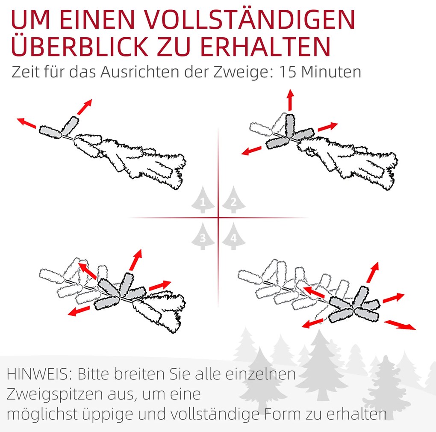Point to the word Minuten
pyautogui.click(x=331, y=72)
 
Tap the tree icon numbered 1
pyautogui.click(x=203, y=200)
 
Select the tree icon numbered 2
pyautogui.click(x=233, y=200)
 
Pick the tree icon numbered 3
pyautogui.click(x=203, y=236)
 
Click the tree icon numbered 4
pyautogui.click(x=233, y=236)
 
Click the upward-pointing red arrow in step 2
pyautogui.click(x=291, y=100)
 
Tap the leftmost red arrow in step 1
pyautogui.click(x=27, y=123)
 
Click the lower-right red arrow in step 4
pyautogui.click(x=400, y=325)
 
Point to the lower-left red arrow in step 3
pyautogui.click(x=79, y=311)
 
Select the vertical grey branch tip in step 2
pyautogui.click(x=290, y=125)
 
